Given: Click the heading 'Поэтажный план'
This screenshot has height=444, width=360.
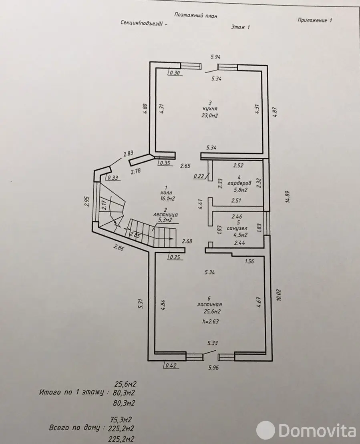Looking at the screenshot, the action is coord(196,15).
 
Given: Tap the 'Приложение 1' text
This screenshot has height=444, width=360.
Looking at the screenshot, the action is coord(315,20).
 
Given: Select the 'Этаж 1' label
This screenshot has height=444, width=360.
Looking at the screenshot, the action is coord(241,27).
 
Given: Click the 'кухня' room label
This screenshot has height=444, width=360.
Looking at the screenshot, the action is coord(210,108).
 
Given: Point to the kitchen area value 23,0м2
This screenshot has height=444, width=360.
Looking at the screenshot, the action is coord(210,115).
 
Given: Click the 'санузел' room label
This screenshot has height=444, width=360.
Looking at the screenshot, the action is coord(237,228).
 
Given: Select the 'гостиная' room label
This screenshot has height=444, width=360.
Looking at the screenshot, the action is coord(209,305).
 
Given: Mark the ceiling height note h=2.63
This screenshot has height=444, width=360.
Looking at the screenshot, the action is coord(211,321).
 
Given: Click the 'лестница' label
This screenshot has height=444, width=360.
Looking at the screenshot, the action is coord(166,215).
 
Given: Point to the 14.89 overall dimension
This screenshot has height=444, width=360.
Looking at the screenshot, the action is coord(288,196).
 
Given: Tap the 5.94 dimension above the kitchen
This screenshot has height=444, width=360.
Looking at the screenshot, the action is coord(215,56).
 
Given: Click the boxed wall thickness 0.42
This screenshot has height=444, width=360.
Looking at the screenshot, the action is coord(171,365).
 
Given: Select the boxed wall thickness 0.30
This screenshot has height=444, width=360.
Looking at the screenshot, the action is coord(175,72).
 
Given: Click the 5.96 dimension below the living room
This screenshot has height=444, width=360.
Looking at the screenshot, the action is coord(213,368).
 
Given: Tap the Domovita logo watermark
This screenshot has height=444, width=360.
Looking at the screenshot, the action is coord(306,431).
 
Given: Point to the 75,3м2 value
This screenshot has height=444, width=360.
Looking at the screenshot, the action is coord(121,419).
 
